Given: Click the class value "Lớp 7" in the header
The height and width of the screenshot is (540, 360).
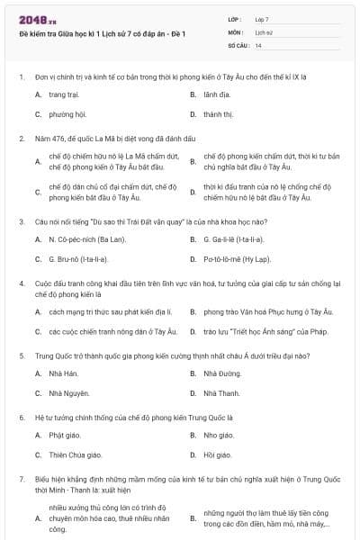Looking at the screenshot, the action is point(262,19).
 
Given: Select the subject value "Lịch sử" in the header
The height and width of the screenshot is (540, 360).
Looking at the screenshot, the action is point(263,31).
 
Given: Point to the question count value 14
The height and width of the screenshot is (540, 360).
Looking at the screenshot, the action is point(258,44).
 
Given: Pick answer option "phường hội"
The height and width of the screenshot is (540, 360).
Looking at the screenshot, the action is point(67,114).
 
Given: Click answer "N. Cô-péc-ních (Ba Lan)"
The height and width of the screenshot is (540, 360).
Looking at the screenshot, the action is point(86,239).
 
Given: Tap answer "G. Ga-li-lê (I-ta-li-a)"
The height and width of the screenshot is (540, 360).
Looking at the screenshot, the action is point(233,239).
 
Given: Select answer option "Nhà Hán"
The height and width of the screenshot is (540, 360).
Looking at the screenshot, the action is point(64,373).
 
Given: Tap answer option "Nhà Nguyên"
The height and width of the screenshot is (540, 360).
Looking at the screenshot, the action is point(68,393).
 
